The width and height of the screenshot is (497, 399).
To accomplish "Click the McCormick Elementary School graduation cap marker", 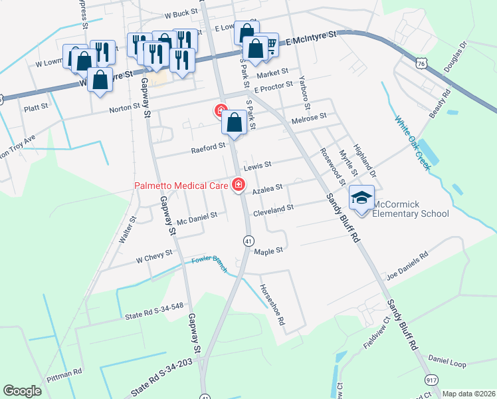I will pos(361,198).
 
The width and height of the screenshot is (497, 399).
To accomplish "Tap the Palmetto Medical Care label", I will pos(181,186).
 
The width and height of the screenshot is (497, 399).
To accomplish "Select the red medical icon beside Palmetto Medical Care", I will pos(237,186).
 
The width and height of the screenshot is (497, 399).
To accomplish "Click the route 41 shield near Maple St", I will pos(247,240).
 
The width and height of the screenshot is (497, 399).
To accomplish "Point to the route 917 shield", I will pos(432,380).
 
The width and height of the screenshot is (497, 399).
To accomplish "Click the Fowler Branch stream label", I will pos(209,264).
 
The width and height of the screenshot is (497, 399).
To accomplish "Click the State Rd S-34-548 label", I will pos(153,310).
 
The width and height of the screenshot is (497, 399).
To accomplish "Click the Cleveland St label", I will pos(273,208).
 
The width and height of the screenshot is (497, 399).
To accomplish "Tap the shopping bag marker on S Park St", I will pos(235,123).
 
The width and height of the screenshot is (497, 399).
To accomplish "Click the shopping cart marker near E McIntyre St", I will pos(270,45).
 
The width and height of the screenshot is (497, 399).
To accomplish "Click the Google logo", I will pos(22,391).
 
